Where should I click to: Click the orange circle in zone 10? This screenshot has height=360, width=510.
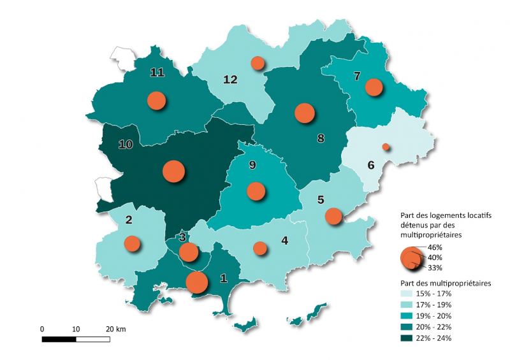[x=173, y=171]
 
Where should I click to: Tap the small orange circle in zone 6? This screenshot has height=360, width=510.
[x=385, y=147]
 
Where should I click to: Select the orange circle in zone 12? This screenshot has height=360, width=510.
[x=258, y=62]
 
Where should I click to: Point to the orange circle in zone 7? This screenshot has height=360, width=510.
[x=374, y=87]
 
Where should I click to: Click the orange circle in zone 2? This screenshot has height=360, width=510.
[x=132, y=243]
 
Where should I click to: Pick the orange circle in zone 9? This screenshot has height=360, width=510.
[x=256, y=191]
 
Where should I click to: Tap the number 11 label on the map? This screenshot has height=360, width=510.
[x=157, y=72]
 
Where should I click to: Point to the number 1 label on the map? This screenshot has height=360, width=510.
[x=222, y=278]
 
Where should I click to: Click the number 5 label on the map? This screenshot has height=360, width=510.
[x=321, y=199]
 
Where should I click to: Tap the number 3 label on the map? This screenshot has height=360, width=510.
[x=182, y=238]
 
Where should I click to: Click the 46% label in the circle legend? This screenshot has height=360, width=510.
[x=435, y=247]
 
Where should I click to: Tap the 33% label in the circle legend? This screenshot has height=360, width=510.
[x=435, y=268]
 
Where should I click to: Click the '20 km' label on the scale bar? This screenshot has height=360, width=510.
[x=116, y=329]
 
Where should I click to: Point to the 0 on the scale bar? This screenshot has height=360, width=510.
[x=42, y=329]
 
